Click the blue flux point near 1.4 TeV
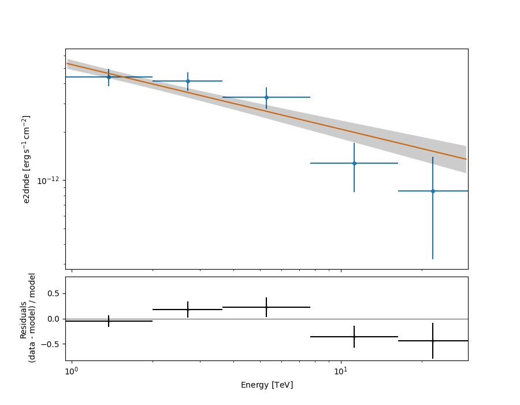click(x=109, y=77)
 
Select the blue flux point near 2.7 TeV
click(x=188, y=81)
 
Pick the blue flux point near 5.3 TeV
click(x=266, y=97)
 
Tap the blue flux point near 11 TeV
click(x=354, y=163)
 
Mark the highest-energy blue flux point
click(x=433, y=191)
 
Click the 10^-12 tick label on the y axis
click(x=49, y=181)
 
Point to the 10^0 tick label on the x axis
click(x=71, y=371)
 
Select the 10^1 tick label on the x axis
click(x=341, y=371)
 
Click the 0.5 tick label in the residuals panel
click(x=53, y=293)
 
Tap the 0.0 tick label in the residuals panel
click(x=53, y=319)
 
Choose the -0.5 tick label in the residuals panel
click(x=51, y=344)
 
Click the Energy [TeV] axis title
click(x=266, y=385)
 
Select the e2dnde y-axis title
click(x=27, y=159)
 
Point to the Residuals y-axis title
click(x=28, y=318)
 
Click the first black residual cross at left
click(x=109, y=321)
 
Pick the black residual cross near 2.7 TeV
click(x=188, y=310)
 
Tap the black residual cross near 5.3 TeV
click(x=266, y=307)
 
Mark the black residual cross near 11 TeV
click(x=354, y=337)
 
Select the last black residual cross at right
click(x=433, y=341)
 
